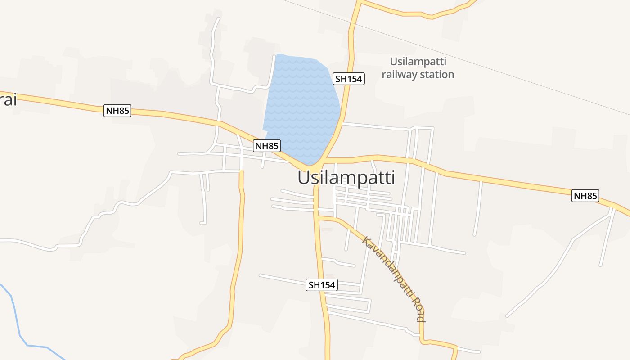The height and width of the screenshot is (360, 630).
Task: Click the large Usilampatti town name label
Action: [x=346, y=178]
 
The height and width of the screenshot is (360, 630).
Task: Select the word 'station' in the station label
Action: [x=437, y=75]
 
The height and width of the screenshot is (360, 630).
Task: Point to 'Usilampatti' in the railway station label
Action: [x=418, y=62]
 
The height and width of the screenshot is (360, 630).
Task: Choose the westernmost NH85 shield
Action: [x=117, y=111]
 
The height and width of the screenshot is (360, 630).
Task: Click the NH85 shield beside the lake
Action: [x=267, y=146]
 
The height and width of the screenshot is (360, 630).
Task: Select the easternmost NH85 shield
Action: [x=585, y=196]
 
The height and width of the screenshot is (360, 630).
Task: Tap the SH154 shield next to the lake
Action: [x=349, y=79]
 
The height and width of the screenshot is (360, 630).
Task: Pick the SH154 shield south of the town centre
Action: [x=322, y=285]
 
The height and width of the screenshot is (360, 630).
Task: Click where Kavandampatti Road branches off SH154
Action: [x=319, y=218]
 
